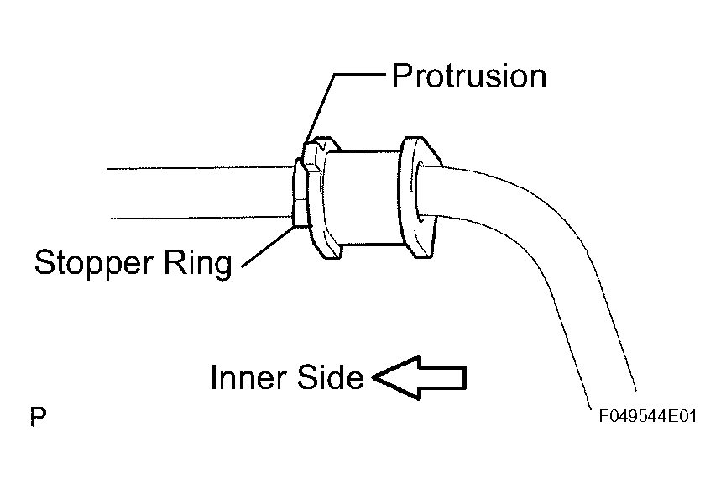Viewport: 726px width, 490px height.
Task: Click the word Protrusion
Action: point(469,76)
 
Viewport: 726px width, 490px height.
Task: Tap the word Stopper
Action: point(93,264)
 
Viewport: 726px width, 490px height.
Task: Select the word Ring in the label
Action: point(197,264)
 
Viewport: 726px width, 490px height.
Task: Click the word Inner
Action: point(248,377)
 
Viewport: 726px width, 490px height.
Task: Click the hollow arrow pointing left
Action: point(419,377)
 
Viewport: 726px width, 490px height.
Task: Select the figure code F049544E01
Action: point(648,416)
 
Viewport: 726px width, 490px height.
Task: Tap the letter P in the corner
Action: point(38,417)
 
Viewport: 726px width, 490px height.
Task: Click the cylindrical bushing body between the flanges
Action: point(363,197)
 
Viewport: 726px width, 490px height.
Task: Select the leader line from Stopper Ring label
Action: point(268,246)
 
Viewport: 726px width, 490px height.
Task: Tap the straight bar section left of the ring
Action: point(199,192)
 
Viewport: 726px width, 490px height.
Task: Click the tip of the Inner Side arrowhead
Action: point(373,377)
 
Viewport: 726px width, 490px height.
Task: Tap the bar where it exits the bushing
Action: point(433,191)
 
